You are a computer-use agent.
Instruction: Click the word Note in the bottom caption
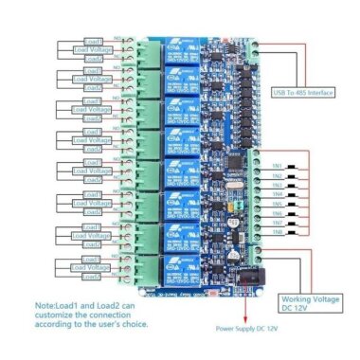(x=48, y=306)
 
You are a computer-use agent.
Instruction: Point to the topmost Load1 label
(x=93, y=41)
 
